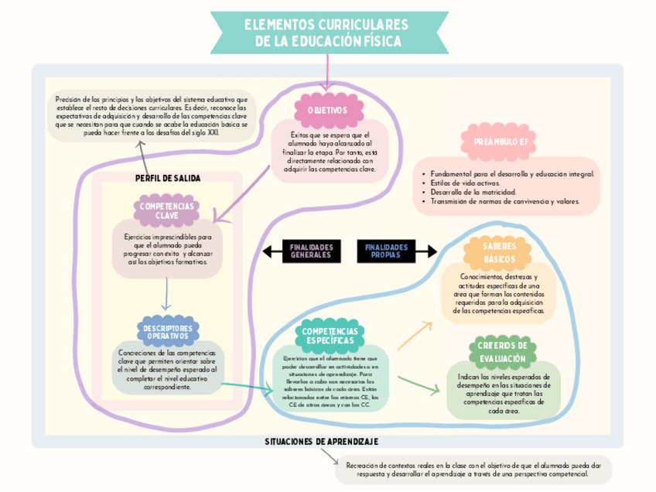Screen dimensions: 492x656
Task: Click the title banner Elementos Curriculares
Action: [x=328, y=33]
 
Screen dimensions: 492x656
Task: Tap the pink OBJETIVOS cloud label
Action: [x=328, y=111]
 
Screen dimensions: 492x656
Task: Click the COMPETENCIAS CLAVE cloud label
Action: [x=166, y=210]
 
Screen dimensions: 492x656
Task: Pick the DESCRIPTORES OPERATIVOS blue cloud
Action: [x=167, y=333]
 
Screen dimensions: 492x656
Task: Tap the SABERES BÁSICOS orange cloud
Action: [x=499, y=252]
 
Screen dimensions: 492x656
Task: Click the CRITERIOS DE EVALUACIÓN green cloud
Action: [x=502, y=352]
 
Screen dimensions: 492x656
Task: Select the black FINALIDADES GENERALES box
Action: [x=311, y=251]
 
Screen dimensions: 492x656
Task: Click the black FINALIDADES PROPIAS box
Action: [x=386, y=251]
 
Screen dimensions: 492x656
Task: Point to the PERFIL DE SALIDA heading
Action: [x=168, y=178]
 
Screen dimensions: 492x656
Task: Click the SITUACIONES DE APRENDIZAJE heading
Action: [x=321, y=441]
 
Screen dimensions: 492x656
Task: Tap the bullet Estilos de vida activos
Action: [x=465, y=183]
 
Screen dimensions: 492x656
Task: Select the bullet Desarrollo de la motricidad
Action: [x=473, y=192]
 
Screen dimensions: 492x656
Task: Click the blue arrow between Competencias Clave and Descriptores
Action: [x=166, y=294]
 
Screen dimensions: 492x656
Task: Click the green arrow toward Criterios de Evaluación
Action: [x=418, y=384]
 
